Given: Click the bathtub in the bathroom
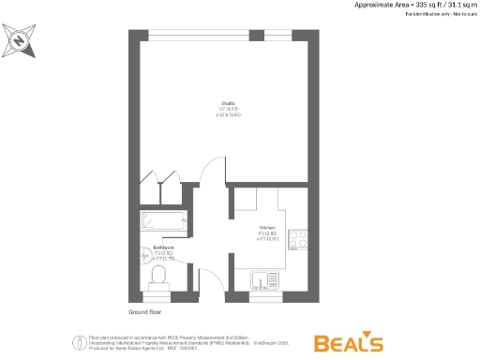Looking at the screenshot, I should click(165, 222).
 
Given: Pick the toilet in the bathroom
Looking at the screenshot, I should click(158, 277).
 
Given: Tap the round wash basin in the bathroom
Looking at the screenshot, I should click(181, 256).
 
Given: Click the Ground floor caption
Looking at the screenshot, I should click(144, 312).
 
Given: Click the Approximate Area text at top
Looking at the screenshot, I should click(413, 6).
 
